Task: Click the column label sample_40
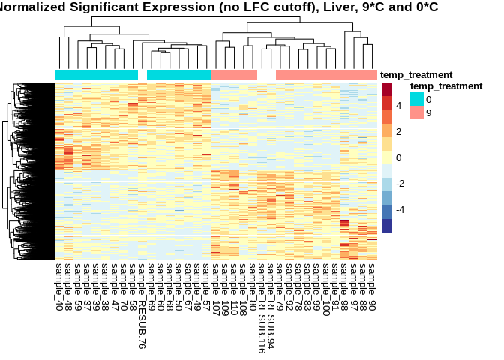[x=59, y=283]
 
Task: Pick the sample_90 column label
[x=372, y=283]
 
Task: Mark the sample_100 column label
[x=326, y=286]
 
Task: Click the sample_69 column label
[x=151, y=283]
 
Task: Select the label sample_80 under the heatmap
[x=253, y=283]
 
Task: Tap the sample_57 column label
[x=206, y=283]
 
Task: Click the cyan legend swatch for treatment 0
[x=416, y=99]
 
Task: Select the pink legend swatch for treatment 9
[x=416, y=112]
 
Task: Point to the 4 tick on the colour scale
[x=399, y=106]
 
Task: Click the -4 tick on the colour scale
[x=401, y=209]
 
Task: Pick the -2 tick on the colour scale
[x=401, y=184]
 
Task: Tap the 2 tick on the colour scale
[x=399, y=132]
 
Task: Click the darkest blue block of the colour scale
[x=387, y=226]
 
